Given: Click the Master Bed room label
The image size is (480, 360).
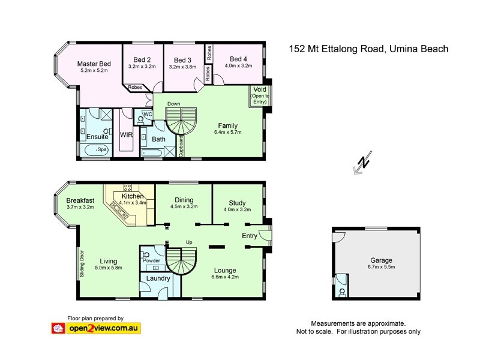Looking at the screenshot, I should point(94,64).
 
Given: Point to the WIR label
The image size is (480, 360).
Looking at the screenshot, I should point(126,136).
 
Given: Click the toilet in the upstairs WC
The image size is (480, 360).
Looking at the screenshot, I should point(141,119).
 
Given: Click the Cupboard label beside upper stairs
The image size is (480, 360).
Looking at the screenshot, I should point(181,146).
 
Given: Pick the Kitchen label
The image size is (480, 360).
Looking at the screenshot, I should point(132,196).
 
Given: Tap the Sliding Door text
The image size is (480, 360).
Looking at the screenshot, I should point(81,262).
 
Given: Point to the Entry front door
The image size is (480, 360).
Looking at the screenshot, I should point(265,235).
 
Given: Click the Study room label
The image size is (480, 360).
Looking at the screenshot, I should point(237,202).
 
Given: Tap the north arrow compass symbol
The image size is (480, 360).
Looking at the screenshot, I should point(363,164).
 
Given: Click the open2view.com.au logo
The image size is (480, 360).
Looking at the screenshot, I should point(96,328).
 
